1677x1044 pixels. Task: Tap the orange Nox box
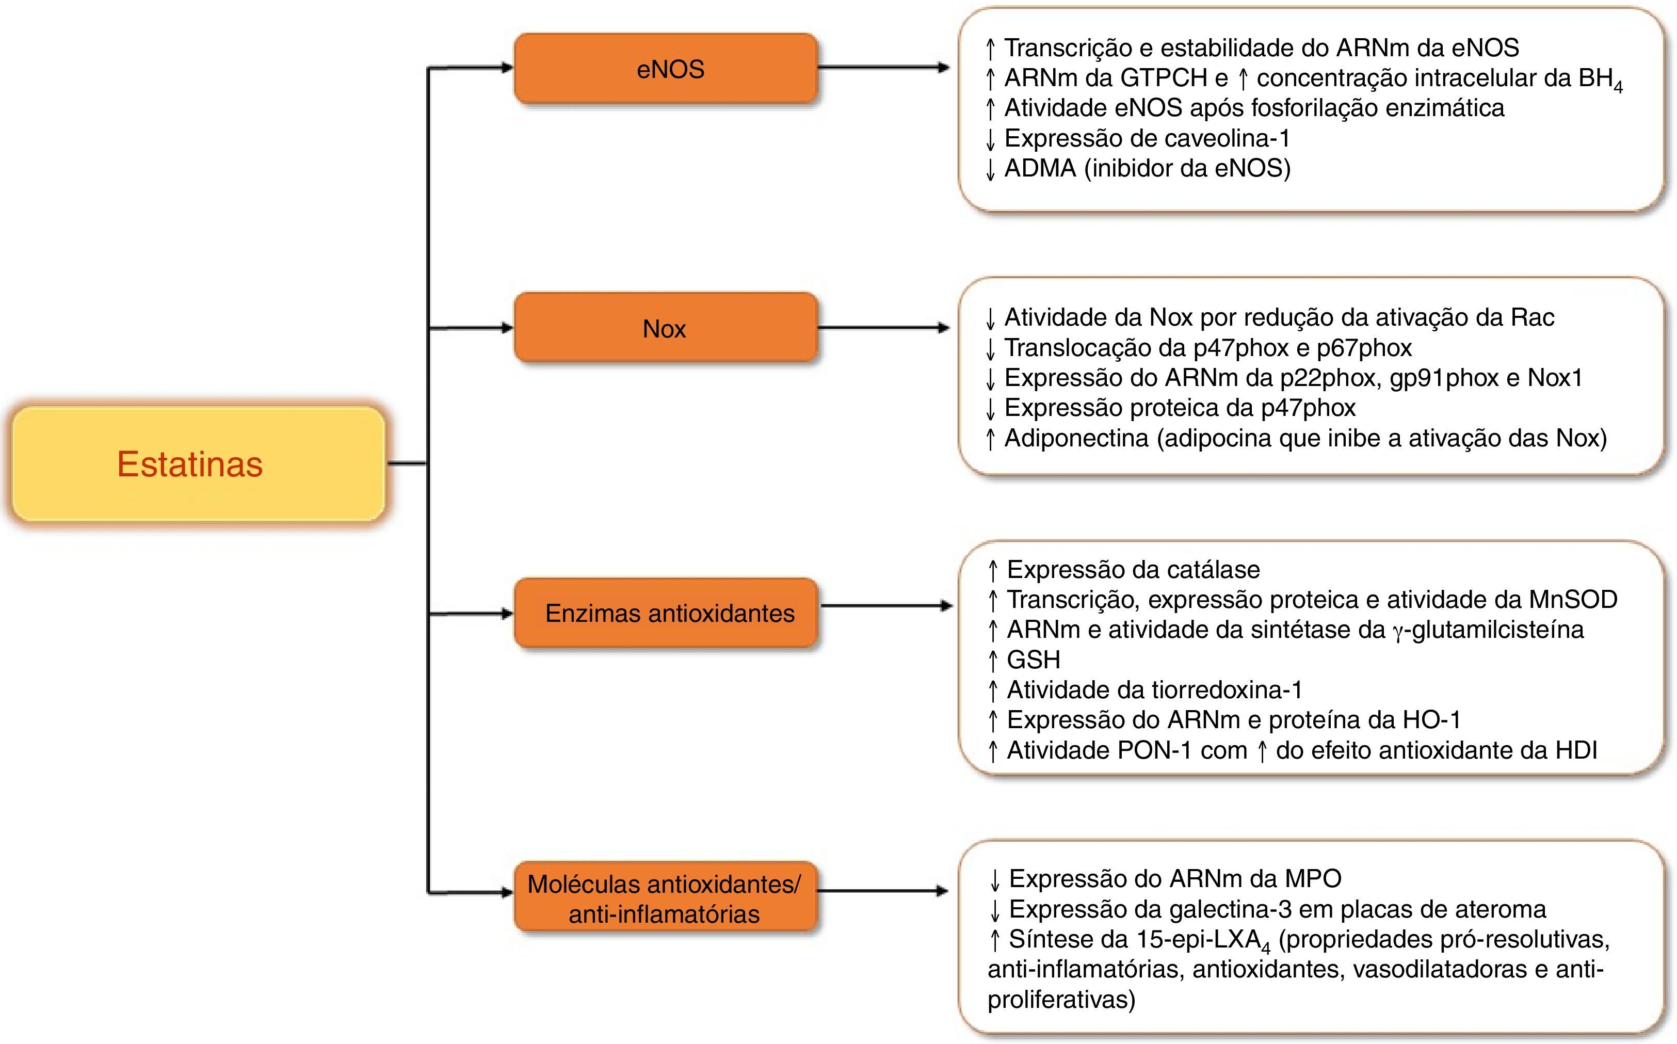coord(666,328)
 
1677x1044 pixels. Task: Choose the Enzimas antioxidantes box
coord(666,613)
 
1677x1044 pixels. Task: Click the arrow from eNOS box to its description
coord(884,68)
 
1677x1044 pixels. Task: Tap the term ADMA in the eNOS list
coord(1040,168)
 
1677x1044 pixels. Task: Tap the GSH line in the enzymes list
coord(1033,660)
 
